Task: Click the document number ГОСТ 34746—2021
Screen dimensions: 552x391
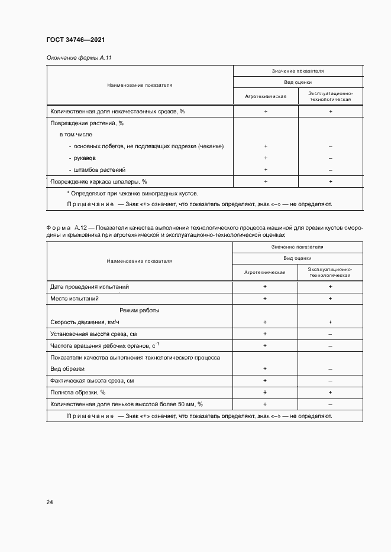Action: coord(75,40)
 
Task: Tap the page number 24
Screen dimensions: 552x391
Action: coord(50,502)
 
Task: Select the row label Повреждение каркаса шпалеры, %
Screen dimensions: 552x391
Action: coord(99,182)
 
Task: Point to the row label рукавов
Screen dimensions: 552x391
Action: coord(85,158)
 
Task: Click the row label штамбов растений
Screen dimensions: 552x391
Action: coord(100,170)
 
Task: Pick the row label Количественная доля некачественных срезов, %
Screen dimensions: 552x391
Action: coord(118,112)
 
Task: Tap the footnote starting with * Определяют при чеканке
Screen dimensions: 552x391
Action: coord(133,194)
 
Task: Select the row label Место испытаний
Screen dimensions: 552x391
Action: coord(74,299)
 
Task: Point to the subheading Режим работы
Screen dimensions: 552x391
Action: coord(139,311)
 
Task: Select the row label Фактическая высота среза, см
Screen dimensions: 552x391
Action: coord(92,381)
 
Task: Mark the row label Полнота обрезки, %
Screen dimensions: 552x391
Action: coord(78,393)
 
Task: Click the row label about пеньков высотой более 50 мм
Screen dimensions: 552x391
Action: coord(127,404)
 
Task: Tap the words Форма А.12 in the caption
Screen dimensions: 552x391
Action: coord(66,227)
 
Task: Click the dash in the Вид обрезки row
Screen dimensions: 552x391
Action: coord(330,369)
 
